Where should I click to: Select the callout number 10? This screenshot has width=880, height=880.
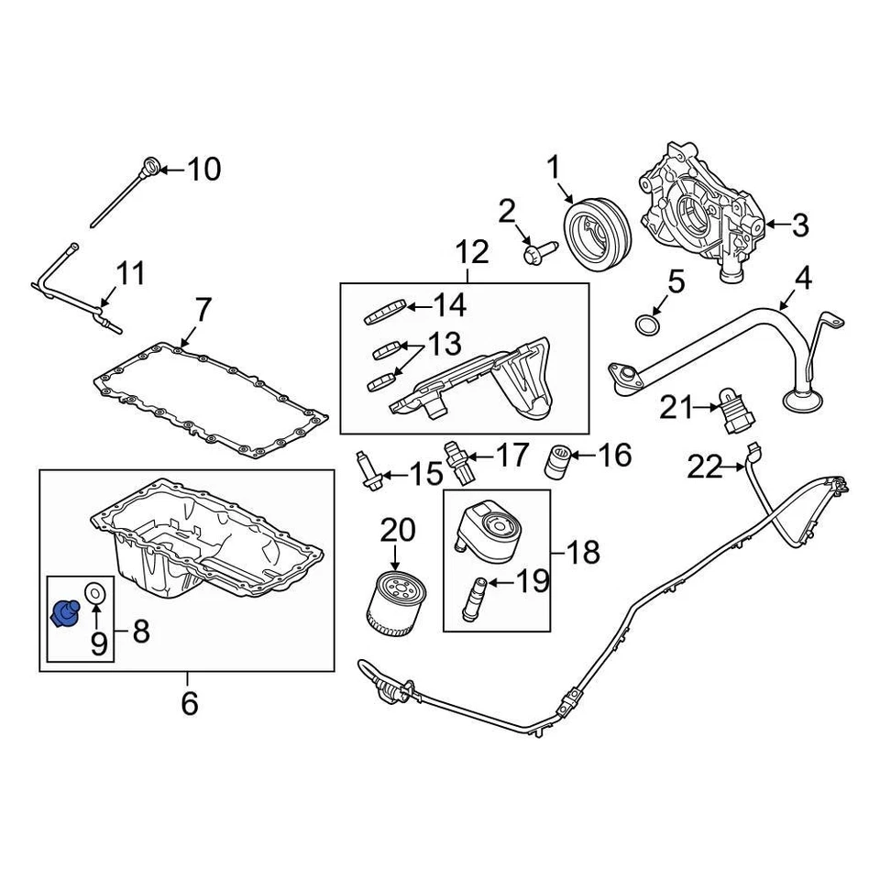[204, 169]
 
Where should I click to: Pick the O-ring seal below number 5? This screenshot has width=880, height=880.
[647, 323]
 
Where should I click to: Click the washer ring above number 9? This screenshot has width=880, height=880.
[94, 594]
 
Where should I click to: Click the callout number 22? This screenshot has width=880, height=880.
[705, 468]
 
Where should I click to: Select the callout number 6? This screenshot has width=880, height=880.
[188, 703]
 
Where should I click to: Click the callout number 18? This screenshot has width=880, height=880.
[584, 552]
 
